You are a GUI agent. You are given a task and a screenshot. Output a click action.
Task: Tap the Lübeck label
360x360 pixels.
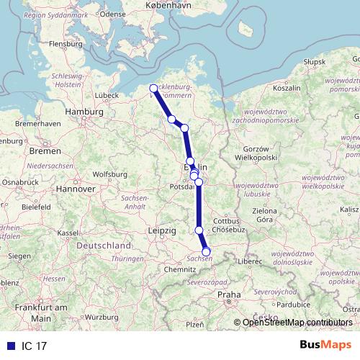(106, 94)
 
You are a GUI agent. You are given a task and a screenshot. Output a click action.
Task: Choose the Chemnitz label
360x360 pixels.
(180, 269)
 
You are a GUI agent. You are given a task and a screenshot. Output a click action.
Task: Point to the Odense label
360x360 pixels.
(113, 14)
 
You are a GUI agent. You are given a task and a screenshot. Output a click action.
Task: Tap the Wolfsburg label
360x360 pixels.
(109, 174)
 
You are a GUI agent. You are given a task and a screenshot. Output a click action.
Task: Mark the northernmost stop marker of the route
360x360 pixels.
(153, 89)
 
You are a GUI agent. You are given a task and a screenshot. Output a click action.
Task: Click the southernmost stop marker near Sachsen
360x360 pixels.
(207, 251)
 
